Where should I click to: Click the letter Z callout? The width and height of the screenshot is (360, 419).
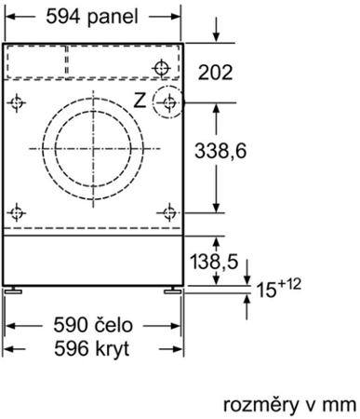(x=140, y=100)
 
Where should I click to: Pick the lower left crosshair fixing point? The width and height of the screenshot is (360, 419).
(x=17, y=211)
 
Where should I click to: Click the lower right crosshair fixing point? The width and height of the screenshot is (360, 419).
(x=168, y=211)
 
